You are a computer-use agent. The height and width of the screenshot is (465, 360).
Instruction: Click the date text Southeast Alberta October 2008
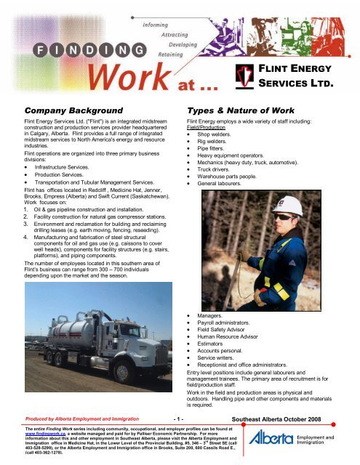pyautogui.click(x=294, y=419)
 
